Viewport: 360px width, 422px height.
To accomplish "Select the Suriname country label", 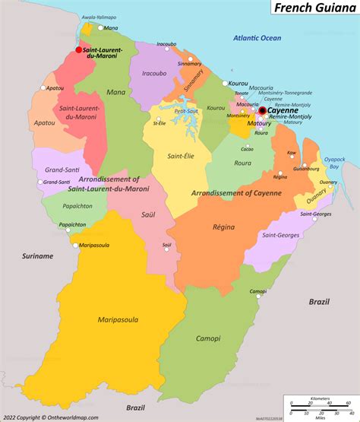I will [x=38, y=256].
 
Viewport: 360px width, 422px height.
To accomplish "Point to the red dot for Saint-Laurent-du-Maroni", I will [x=78, y=50].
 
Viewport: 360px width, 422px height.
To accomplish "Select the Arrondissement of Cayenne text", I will [x=236, y=193].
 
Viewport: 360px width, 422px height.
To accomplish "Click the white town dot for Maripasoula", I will [x=74, y=245].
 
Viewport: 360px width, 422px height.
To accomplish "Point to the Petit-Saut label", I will [x=185, y=110].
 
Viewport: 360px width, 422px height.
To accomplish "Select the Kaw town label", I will [x=291, y=153].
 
